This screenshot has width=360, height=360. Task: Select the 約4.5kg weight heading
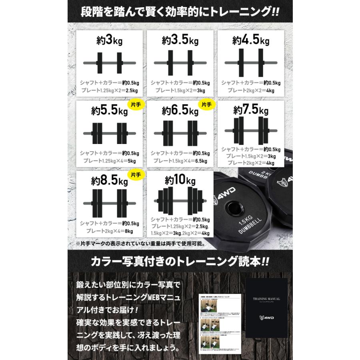click(x=251, y=41)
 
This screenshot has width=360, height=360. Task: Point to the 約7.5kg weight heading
click(x=251, y=110)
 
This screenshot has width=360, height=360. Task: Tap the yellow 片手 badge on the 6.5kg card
click(x=207, y=105)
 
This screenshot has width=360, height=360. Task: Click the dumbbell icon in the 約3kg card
click(x=108, y=63)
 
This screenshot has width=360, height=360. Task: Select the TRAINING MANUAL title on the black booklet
click(x=266, y=298)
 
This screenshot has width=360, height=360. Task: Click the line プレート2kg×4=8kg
click(x=108, y=231)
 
